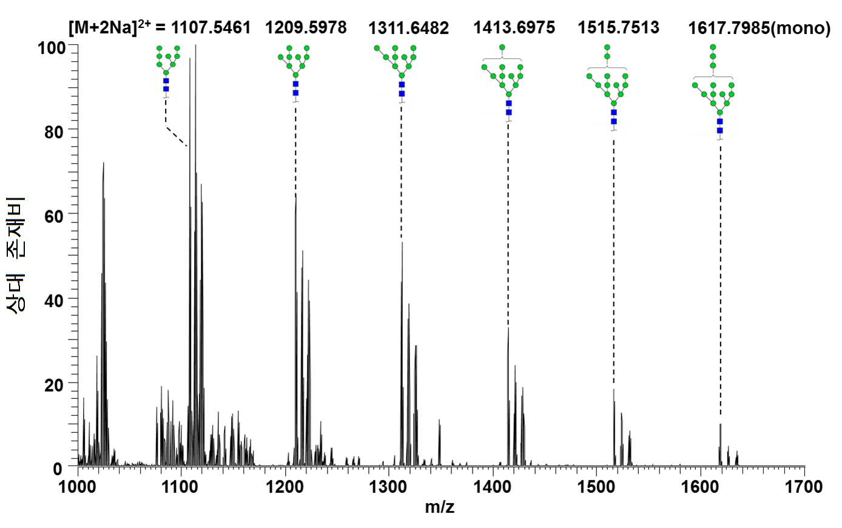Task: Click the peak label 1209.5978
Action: (x=306, y=28)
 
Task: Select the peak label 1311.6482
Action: (x=409, y=28)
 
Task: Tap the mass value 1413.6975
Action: (x=514, y=27)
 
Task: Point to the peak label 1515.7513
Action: (x=618, y=27)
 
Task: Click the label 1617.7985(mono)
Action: (x=759, y=28)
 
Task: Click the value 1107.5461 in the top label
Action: (x=211, y=28)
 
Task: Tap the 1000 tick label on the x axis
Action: (x=78, y=487)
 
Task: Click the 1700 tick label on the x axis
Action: (x=804, y=487)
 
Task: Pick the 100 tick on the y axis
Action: (x=52, y=48)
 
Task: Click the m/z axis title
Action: (x=440, y=508)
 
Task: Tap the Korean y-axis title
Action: (x=16, y=255)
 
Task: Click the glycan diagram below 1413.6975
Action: (x=502, y=84)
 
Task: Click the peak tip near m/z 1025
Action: (x=103, y=162)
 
